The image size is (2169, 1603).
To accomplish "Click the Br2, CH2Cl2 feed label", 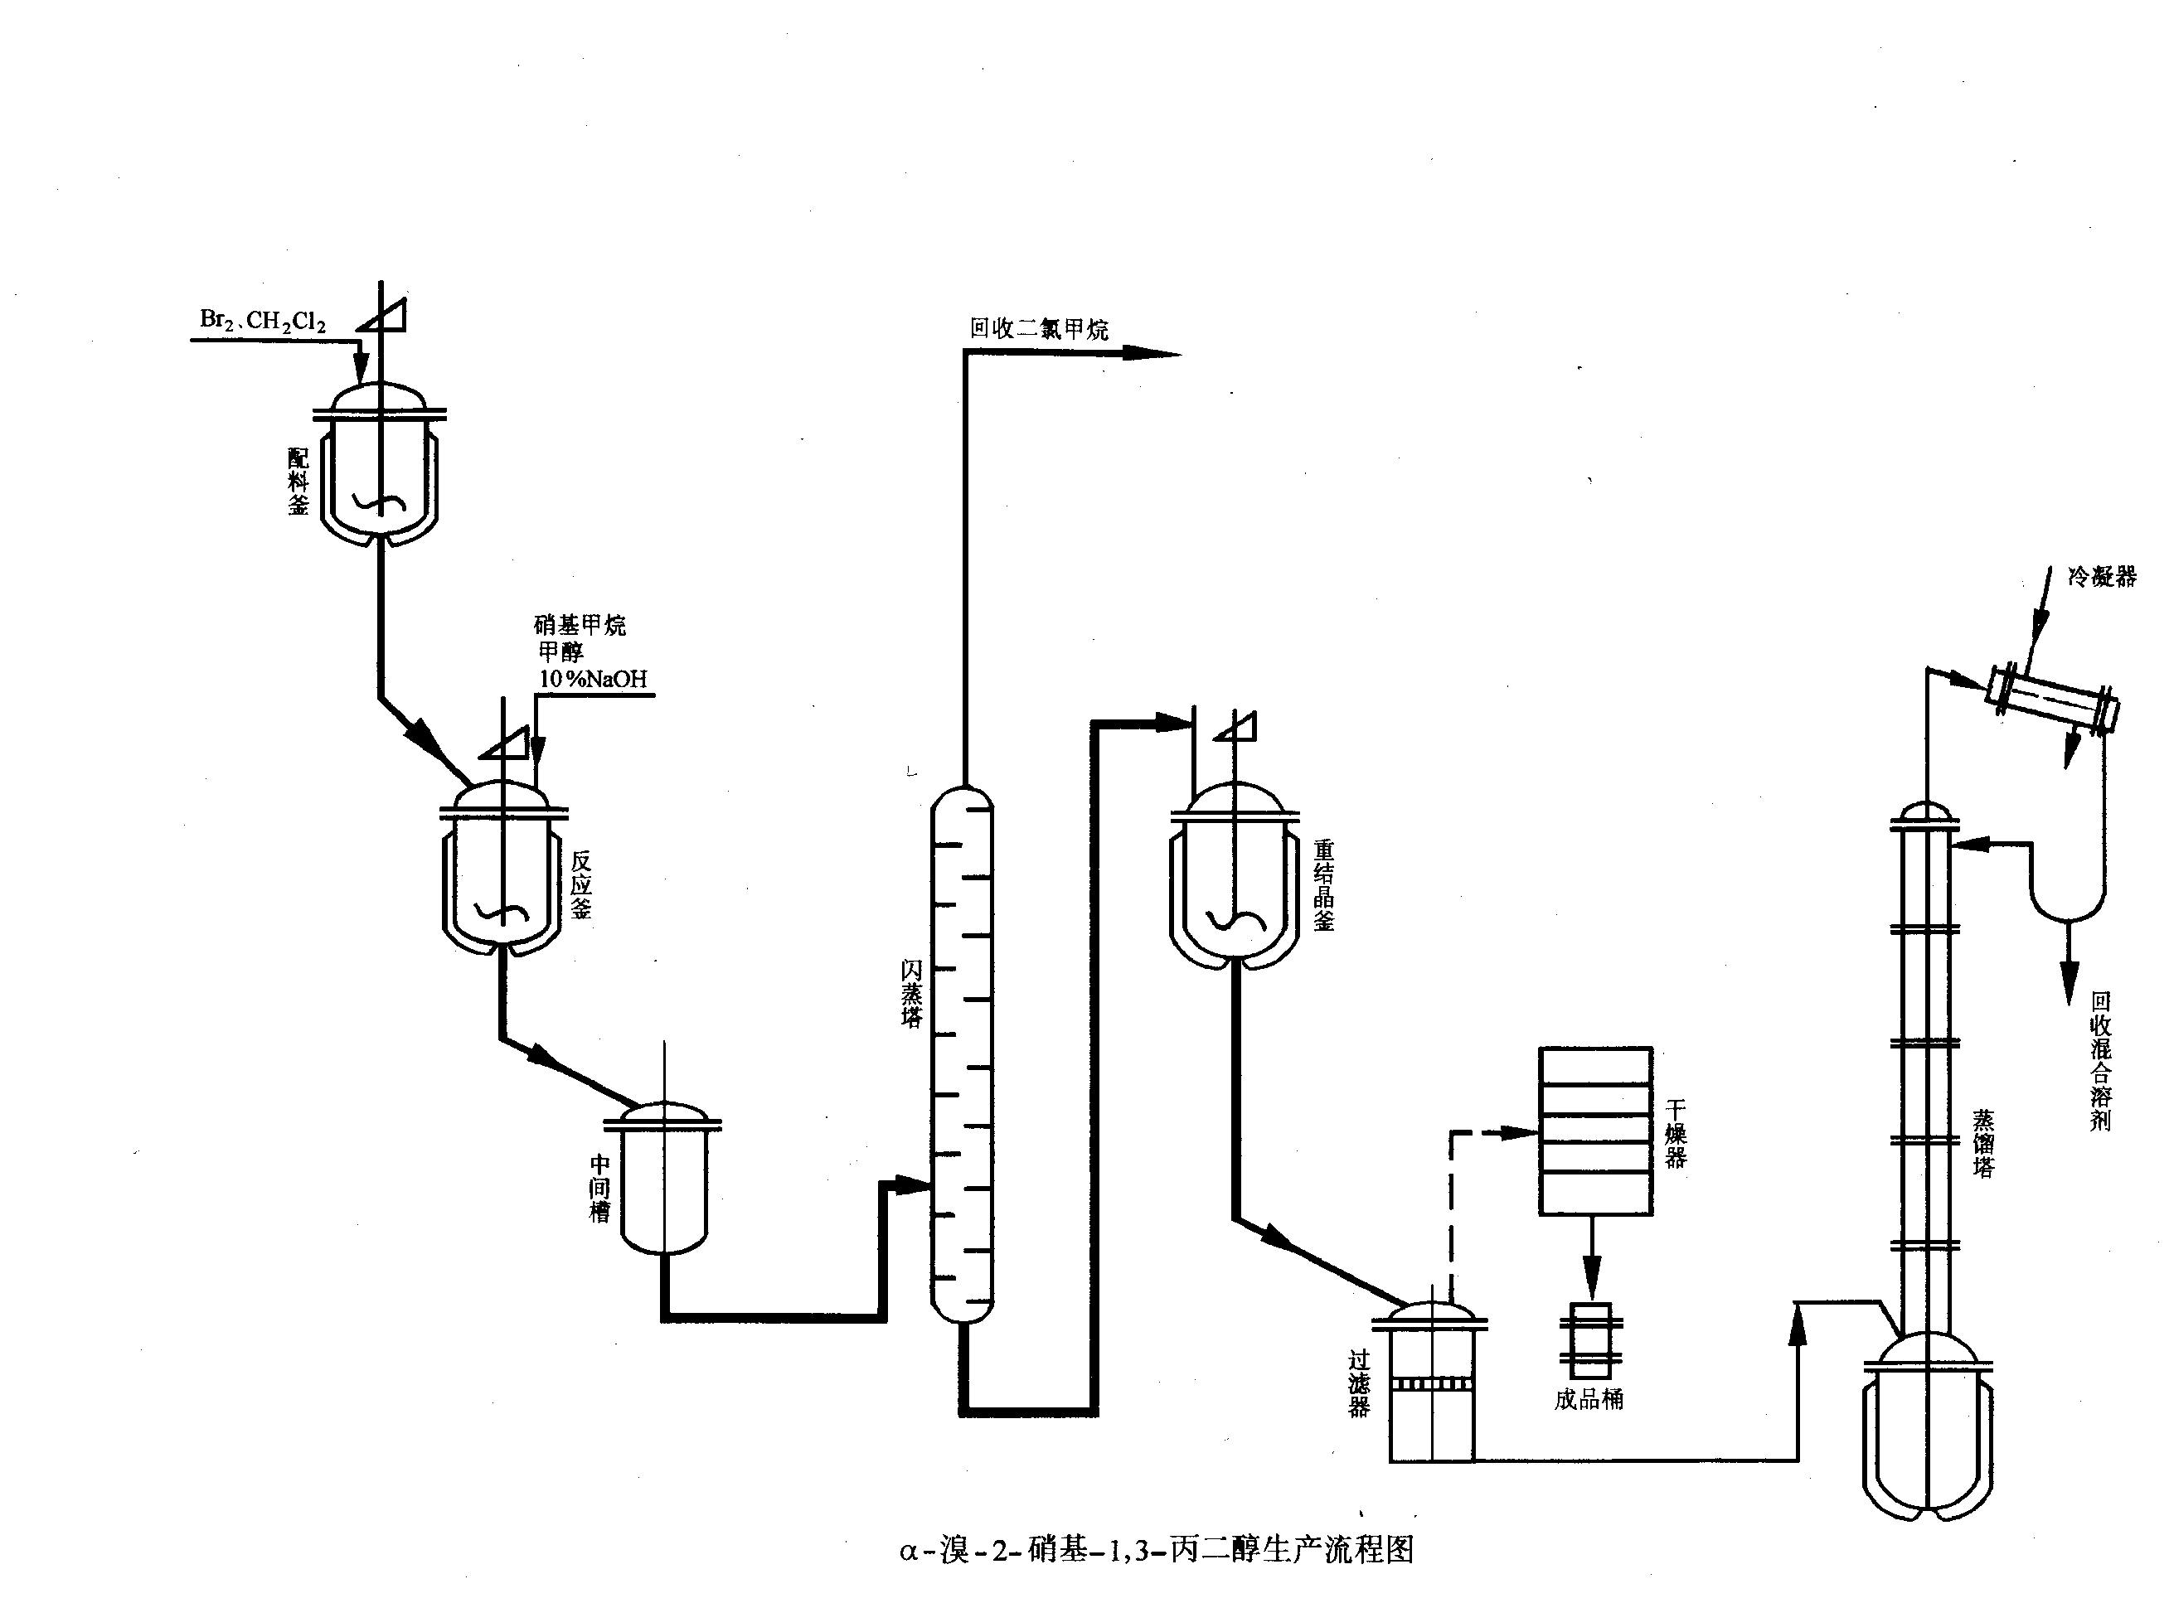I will pos(262,320).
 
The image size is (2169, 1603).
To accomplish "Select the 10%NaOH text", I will pos(593,679).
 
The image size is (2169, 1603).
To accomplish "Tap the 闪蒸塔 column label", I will pos(911,994).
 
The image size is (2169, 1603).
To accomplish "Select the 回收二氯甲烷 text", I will pos(1038,329).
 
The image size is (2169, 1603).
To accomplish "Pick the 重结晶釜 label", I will pos(1324,885).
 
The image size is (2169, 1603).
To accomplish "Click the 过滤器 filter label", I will pos(1359,1385).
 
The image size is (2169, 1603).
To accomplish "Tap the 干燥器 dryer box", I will pos(1595,1131).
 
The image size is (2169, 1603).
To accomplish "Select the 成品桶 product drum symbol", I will pos(1590,1340).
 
